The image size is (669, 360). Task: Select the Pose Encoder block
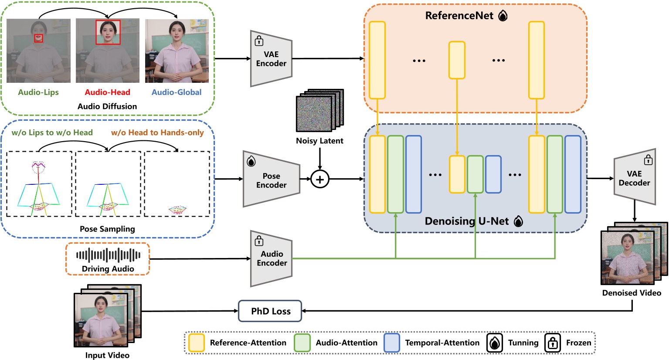(271, 179)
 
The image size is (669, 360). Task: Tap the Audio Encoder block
(271, 258)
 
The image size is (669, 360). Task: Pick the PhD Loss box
(270, 311)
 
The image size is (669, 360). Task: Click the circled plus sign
(320, 179)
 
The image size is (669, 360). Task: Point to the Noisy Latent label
(319, 141)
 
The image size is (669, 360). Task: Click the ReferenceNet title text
(459, 16)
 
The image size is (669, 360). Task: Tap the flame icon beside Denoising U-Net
(518, 221)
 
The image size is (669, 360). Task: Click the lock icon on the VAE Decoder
(649, 160)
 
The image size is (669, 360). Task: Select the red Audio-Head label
(107, 92)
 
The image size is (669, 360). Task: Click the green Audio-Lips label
(38, 92)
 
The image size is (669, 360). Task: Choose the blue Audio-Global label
(177, 92)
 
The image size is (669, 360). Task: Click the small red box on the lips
(39, 38)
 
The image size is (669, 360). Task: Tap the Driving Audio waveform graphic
(108, 255)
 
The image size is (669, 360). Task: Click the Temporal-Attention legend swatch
(392, 343)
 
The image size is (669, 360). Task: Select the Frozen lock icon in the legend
(553, 343)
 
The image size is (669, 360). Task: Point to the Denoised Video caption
(632, 293)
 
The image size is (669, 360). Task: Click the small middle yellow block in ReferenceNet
(457, 60)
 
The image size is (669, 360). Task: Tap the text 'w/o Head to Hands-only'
(157, 132)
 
